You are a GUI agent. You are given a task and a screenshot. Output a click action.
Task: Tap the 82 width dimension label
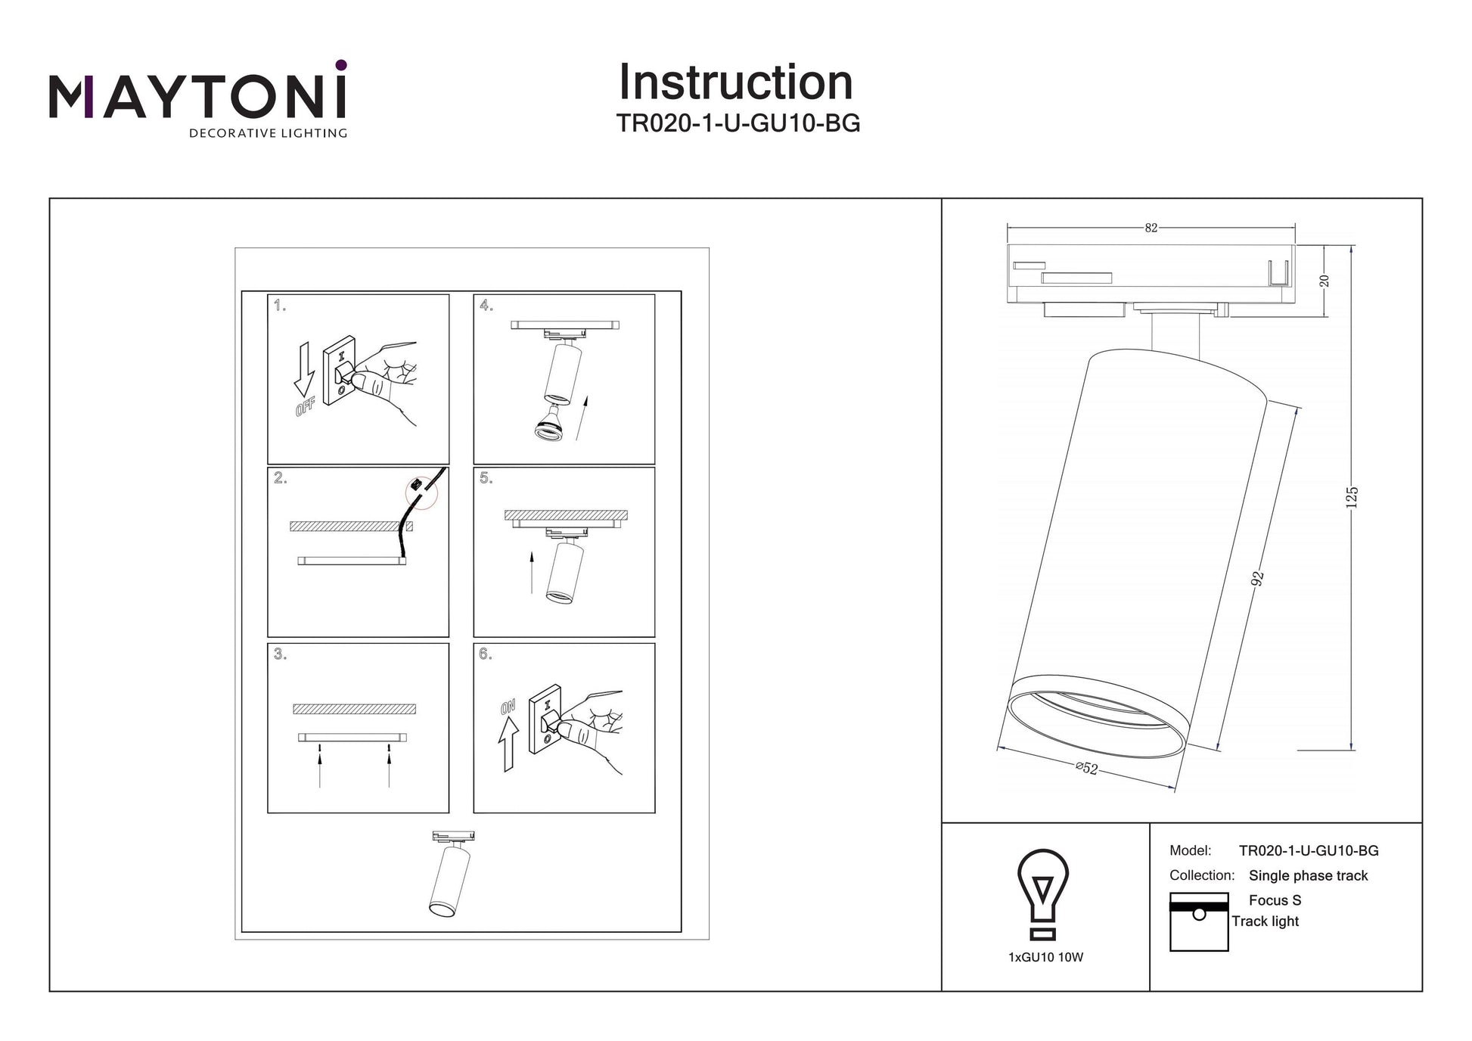click(1151, 228)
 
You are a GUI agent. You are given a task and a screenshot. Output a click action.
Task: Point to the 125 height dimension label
click(1352, 497)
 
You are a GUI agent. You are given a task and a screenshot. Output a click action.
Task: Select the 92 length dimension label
click(1257, 579)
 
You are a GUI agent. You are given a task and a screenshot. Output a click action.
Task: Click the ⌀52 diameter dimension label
click(1087, 768)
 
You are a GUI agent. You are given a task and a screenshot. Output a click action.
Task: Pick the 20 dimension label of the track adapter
click(1324, 281)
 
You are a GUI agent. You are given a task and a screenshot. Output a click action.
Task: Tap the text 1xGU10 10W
click(1045, 957)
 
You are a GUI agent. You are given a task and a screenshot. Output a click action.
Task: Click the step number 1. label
click(280, 306)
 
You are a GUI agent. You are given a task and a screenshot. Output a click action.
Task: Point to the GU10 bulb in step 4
click(550, 425)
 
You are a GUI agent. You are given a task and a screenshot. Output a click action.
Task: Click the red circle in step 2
click(422, 491)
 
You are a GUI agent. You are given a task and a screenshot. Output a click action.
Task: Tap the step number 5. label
click(486, 478)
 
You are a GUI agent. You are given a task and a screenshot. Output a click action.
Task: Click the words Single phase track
click(1308, 875)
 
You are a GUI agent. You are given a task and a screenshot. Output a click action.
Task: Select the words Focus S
click(1275, 900)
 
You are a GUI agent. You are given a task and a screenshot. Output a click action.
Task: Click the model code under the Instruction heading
click(738, 123)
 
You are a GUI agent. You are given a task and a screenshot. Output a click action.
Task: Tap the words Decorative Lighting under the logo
click(268, 134)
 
